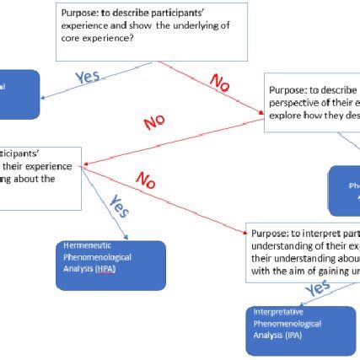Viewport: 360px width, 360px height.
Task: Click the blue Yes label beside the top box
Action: [x=87, y=77]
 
